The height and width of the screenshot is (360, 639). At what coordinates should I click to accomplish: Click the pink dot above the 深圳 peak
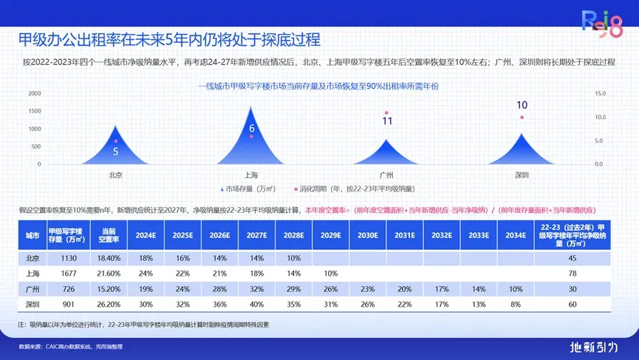click(x=522, y=118)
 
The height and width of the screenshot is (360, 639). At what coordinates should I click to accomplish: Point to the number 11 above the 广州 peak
click(x=387, y=121)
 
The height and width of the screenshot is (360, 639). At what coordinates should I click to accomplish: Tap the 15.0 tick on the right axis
click(x=600, y=93)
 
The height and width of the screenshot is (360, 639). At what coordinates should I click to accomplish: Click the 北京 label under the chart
click(x=115, y=175)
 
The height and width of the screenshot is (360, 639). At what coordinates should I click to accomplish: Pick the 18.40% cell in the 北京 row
click(x=109, y=258)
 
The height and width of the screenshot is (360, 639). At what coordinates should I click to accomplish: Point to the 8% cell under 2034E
click(x=516, y=304)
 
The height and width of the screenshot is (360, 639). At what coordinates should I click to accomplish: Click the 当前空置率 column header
click(x=109, y=236)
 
